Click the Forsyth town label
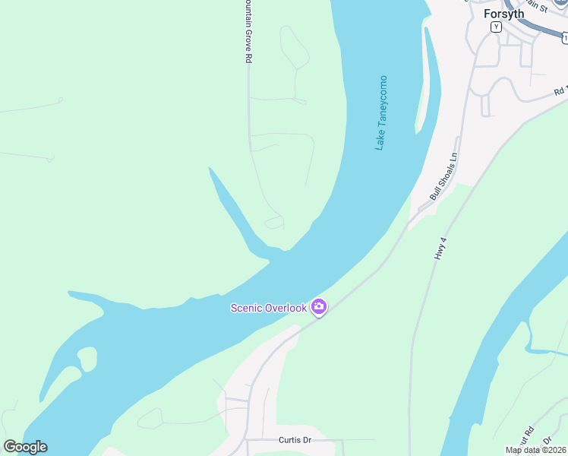(x=504, y=14)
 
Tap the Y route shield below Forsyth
(x=496, y=27)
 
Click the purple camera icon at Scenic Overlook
(x=319, y=307)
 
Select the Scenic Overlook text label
(x=269, y=308)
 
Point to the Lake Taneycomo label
(x=382, y=112)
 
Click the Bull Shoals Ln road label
(x=444, y=176)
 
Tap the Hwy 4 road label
(x=440, y=248)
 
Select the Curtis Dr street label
(x=295, y=440)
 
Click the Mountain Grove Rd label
(x=248, y=30)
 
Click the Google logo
(x=25, y=447)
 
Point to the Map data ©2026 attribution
(x=536, y=450)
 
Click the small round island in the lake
(x=87, y=359)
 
